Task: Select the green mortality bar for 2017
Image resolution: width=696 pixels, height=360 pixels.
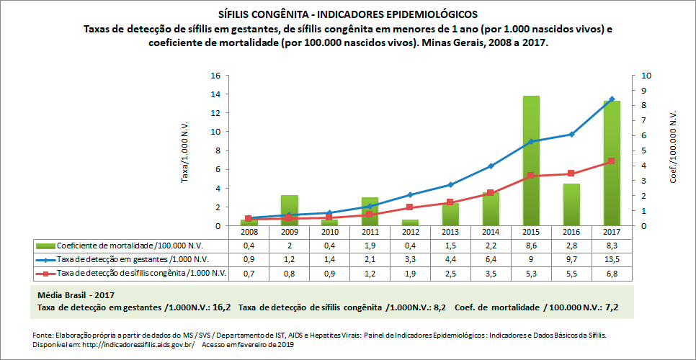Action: (612, 163)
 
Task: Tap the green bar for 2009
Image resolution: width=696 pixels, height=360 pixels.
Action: (289, 210)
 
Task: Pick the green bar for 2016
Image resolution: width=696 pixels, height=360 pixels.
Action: (571, 204)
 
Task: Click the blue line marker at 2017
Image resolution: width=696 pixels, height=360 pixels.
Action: (612, 99)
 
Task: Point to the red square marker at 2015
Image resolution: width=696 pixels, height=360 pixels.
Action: (531, 176)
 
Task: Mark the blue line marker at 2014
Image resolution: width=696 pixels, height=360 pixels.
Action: (491, 166)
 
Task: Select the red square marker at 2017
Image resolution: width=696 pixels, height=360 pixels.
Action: (612, 161)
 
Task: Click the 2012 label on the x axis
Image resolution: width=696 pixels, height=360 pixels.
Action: (410, 233)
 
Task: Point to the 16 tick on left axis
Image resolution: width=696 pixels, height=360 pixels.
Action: (215, 76)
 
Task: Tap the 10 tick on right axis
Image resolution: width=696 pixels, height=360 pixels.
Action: (645, 76)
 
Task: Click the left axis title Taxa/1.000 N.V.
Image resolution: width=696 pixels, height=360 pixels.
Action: (184, 150)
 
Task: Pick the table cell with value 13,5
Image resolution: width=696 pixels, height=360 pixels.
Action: (612, 259)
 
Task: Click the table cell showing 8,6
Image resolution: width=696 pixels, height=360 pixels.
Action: (531, 246)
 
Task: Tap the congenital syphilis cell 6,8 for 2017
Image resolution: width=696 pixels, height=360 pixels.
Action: (612, 273)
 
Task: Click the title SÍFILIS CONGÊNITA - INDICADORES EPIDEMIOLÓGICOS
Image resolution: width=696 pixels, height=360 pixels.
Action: (347, 14)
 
